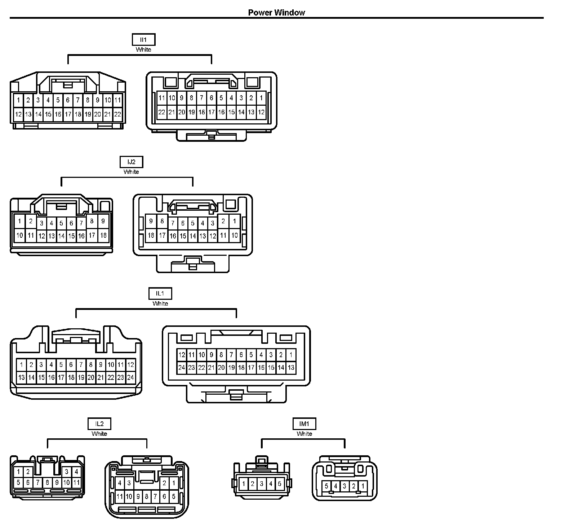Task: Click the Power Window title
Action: coord(276,13)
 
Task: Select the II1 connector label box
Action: coord(143,40)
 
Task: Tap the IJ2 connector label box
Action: coord(132,162)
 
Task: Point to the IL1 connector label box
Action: coord(160,294)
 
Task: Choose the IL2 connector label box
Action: coord(99,424)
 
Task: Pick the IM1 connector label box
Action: coord(304,424)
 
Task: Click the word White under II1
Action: coord(143,50)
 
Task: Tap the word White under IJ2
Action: coord(131,172)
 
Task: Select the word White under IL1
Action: coord(160,304)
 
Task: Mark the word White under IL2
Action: coord(99,434)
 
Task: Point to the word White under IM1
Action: coord(304,434)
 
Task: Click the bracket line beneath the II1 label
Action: coord(140,55)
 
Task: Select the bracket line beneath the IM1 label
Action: coord(303,439)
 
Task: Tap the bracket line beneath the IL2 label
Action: coord(97,439)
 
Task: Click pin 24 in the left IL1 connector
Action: coord(130,378)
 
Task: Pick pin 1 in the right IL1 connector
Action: coord(291,355)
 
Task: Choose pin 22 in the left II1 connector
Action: coord(117,115)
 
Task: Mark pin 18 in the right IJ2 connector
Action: coord(151,236)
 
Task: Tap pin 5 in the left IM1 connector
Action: coord(279,484)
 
